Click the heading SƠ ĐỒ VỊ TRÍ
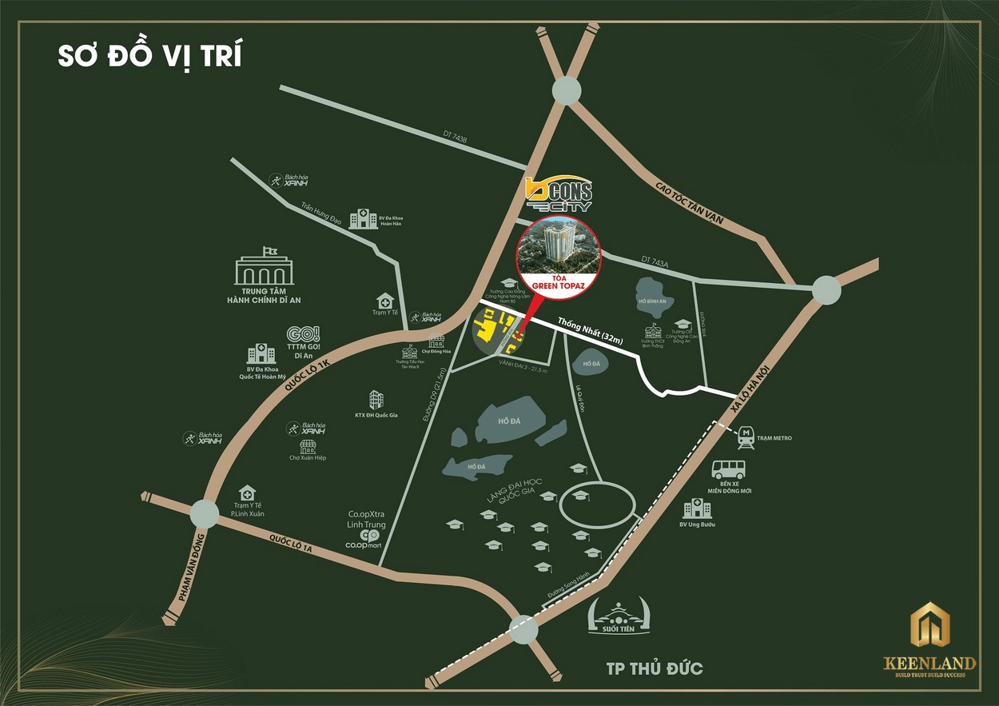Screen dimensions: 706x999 tap(149, 58)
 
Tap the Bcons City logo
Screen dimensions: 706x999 tap(559, 193)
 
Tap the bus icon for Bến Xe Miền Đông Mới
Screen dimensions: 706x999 tap(729, 470)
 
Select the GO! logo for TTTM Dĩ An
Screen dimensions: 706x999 tap(303, 335)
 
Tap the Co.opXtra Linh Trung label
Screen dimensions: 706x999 tap(366, 519)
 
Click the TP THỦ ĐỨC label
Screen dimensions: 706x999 tap(643, 668)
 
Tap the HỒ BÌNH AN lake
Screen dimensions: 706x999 tap(653, 298)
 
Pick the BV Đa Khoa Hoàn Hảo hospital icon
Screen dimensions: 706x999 tap(364, 217)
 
